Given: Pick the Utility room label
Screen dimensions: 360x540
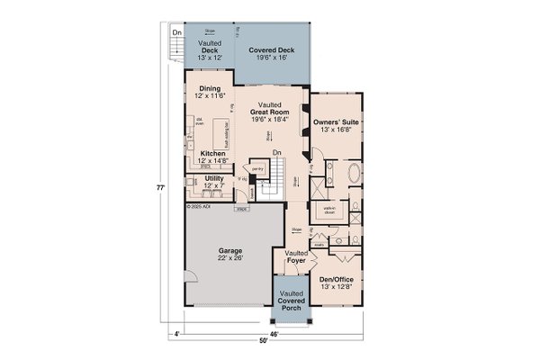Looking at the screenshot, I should point(214,183).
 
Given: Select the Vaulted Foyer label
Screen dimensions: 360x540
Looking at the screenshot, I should point(296,258).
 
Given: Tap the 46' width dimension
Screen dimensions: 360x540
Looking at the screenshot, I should point(275,333).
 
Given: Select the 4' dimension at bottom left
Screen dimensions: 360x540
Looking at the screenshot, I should point(180,333).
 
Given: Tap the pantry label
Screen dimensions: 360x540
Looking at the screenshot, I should point(256,168).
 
